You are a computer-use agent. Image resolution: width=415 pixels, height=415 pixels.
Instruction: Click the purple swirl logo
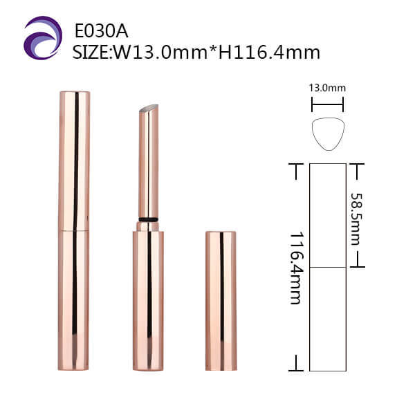coord(43,37)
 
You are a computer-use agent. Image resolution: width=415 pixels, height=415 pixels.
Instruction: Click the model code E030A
coord(102,31)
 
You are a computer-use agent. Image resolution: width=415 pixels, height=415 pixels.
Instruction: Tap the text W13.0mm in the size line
coord(160,53)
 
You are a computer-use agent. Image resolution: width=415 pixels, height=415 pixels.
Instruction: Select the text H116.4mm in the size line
coord(269,53)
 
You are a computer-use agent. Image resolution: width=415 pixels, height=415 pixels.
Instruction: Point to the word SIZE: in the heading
coord(93,53)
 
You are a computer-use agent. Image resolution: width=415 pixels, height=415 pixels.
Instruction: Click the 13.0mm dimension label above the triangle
coord(327,88)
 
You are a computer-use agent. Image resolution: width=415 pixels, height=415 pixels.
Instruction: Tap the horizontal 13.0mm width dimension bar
coord(327,104)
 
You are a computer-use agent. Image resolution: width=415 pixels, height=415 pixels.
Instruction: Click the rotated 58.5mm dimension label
coord(356,219)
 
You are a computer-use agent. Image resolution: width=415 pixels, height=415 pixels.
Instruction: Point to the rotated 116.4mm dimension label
coord(297,268)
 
